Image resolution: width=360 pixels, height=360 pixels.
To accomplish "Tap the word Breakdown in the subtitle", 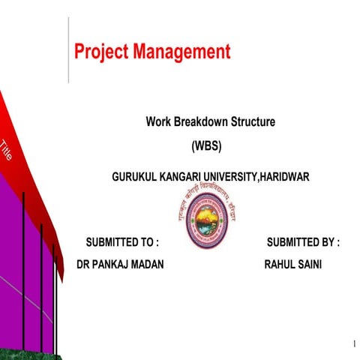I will pos(196,121).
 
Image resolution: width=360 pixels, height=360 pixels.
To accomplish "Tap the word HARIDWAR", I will pos(283,176).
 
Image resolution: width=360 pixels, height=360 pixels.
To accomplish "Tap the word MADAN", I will pos(150,265).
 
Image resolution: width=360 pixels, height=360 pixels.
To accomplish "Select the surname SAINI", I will pos(310,265).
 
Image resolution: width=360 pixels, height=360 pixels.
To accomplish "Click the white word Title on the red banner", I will pos(7,150).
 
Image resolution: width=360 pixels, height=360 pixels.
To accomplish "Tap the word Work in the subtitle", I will pos(158,121).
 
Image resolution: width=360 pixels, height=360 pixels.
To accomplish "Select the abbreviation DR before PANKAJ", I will pos(84,265).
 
